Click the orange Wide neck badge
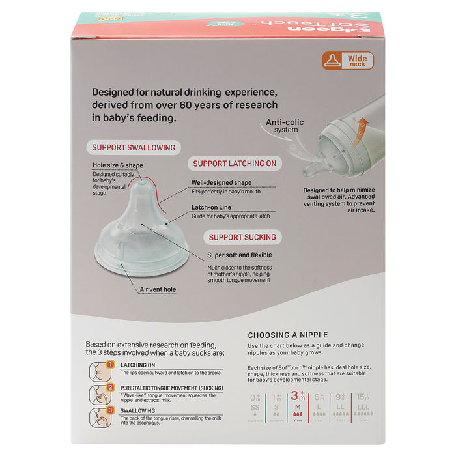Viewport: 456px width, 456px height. (x=348, y=61)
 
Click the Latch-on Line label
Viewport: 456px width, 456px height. (x=212, y=207)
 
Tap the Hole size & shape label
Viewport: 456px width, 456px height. (x=118, y=165)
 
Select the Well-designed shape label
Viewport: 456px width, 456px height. (x=221, y=183)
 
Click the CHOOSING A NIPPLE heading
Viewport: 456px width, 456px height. (x=288, y=335)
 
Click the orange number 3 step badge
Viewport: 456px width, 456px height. (x=111, y=411)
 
